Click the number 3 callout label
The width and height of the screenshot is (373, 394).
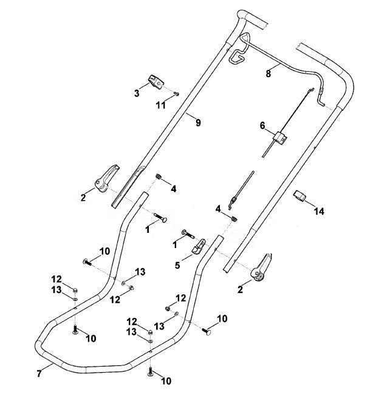(137, 94)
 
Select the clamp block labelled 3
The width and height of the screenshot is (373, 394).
(156, 81)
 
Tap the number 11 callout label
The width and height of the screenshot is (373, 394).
(161, 105)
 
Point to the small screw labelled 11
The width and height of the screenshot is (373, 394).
(177, 94)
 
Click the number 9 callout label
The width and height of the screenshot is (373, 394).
(198, 123)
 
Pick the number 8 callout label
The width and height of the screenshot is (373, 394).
(269, 74)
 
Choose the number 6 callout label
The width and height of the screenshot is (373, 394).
(262, 125)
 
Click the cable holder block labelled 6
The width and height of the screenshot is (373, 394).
(281, 139)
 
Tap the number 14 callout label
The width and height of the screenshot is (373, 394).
(320, 212)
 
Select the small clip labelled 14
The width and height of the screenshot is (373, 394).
(299, 196)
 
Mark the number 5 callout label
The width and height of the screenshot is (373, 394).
(177, 265)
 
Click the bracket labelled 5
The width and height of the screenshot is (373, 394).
(199, 246)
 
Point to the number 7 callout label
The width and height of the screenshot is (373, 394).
(39, 373)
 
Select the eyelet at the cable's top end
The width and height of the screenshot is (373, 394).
(312, 89)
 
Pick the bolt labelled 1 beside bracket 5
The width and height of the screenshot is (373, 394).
(189, 234)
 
